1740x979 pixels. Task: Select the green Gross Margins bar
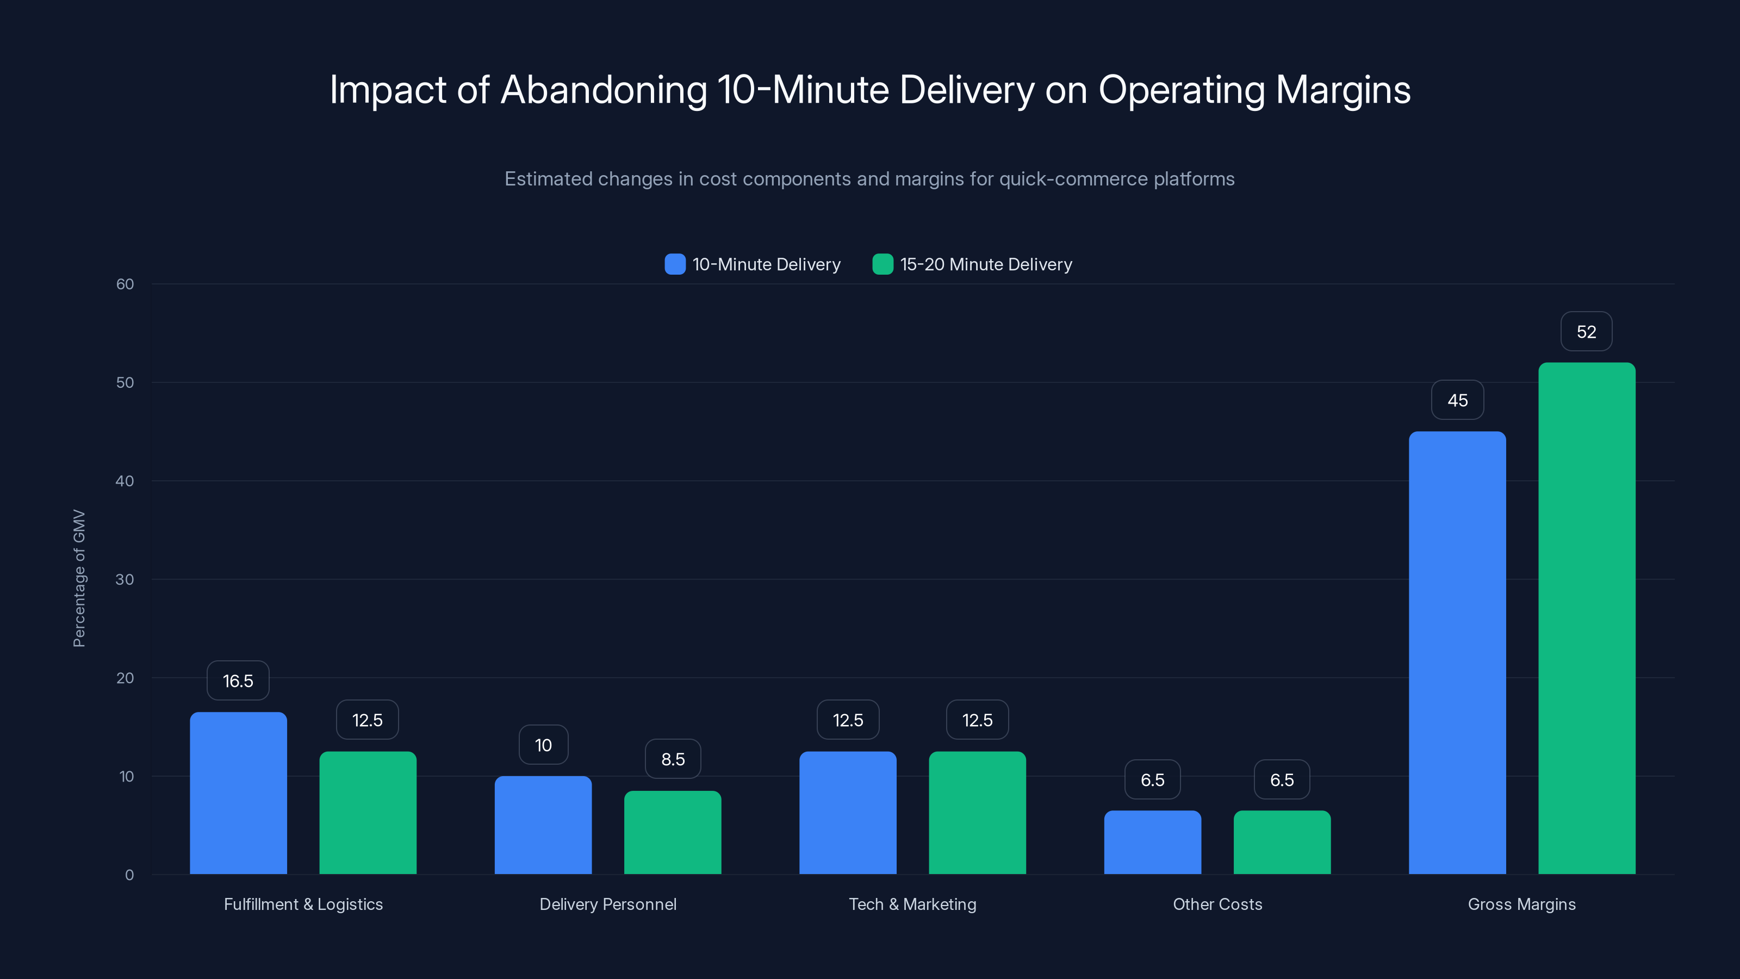(1586, 618)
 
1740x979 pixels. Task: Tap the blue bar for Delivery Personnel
(543, 825)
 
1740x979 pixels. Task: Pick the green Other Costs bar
(1282, 842)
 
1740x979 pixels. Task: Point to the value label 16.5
(238, 680)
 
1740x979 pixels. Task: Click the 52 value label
(1586, 332)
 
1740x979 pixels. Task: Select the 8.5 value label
(673, 759)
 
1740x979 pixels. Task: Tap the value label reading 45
(1457, 400)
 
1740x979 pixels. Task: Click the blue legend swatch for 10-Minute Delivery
(675, 264)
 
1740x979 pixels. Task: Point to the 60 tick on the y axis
(125, 284)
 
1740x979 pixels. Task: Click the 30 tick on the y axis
(125, 579)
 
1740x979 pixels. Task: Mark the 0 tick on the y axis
(129, 875)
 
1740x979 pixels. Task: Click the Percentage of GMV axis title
(79, 578)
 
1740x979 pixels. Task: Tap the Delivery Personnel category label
(607, 904)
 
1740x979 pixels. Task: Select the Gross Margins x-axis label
(1521, 904)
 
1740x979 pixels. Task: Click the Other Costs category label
(1217, 904)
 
